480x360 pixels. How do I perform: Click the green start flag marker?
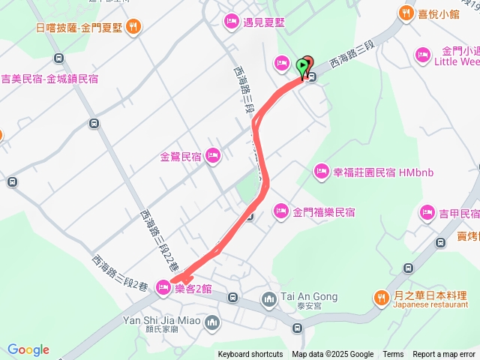coord(303,67)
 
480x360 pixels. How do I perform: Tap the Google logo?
coord(28,349)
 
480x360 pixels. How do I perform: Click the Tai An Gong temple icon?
coord(269,300)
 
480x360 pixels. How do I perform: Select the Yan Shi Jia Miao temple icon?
coord(212,323)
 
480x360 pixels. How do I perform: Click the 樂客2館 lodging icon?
coord(163,286)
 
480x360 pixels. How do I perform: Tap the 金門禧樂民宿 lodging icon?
coord(281,210)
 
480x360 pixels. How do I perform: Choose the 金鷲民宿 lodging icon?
coord(212,156)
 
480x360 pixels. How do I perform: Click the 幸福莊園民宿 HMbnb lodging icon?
coord(322,172)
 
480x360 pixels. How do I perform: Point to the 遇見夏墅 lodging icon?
coord(232,20)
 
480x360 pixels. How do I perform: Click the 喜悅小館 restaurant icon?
coord(406,13)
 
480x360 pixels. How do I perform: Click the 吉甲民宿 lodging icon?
coord(427,213)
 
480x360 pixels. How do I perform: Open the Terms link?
coord(393,355)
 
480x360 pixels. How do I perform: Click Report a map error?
coord(444,355)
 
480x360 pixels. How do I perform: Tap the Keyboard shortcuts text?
coord(250,355)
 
